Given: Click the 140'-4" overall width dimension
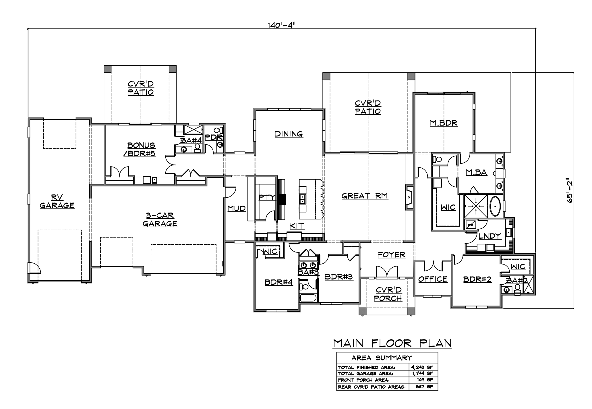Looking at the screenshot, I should (282, 25).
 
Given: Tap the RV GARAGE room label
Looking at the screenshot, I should (57, 201).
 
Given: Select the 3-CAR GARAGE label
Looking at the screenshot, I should (160, 219).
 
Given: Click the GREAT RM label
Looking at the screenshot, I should (365, 196).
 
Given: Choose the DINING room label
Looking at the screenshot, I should (289, 134).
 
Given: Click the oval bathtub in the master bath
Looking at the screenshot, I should (495, 206).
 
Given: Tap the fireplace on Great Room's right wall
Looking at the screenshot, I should (409, 198).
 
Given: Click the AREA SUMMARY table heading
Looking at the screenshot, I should (382, 358).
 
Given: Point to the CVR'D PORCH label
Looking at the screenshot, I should (388, 294).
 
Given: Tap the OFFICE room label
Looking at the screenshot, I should (433, 279).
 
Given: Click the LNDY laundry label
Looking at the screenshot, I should (490, 236).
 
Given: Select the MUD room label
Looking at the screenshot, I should (237, 208).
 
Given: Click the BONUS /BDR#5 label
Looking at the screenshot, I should (141, 149).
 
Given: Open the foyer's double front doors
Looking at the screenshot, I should (387, 272).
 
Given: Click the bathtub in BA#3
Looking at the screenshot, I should (308, 298).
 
